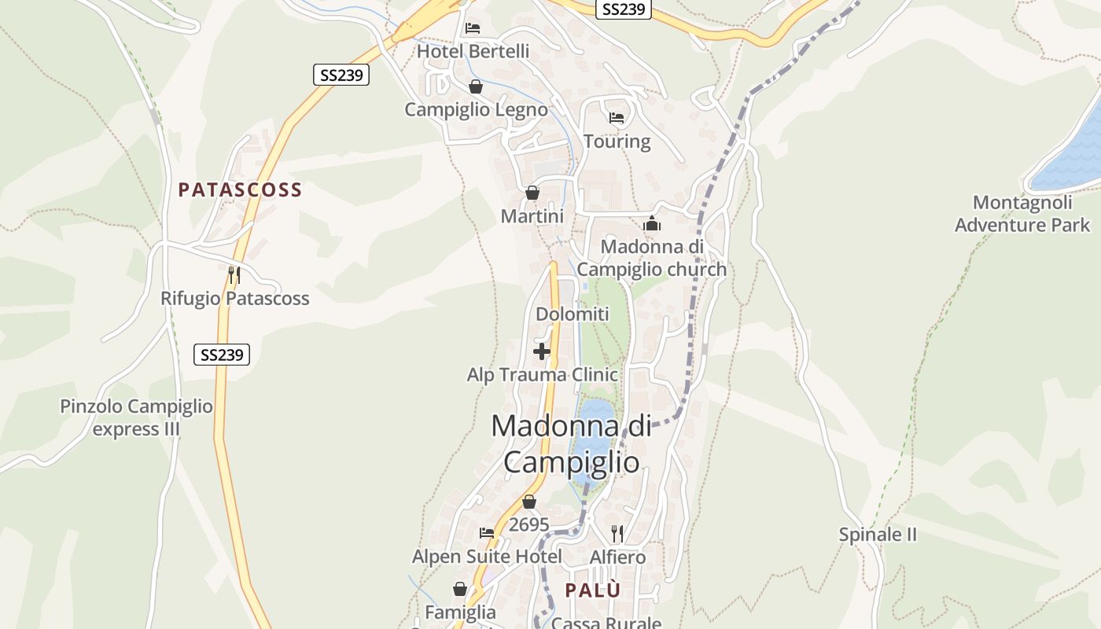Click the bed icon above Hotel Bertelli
(472, 28)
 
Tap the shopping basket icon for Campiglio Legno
(476, 86)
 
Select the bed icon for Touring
(617, 118)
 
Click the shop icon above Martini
(532, 193)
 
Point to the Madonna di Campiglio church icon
(652, 224)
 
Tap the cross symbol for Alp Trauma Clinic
(542, 351)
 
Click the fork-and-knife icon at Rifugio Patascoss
(234, 275)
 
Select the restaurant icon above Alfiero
(617, 534)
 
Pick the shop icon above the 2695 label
(529, 502)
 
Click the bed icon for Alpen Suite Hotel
(487, 533)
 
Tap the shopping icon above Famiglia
(460, 589)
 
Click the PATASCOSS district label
(240, 189)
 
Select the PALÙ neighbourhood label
(593, 590)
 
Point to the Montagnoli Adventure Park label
(1022, 214)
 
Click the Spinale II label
(878, 535)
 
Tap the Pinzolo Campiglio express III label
(137, 417)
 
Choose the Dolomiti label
(573, 314)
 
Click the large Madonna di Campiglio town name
(572, 443)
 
